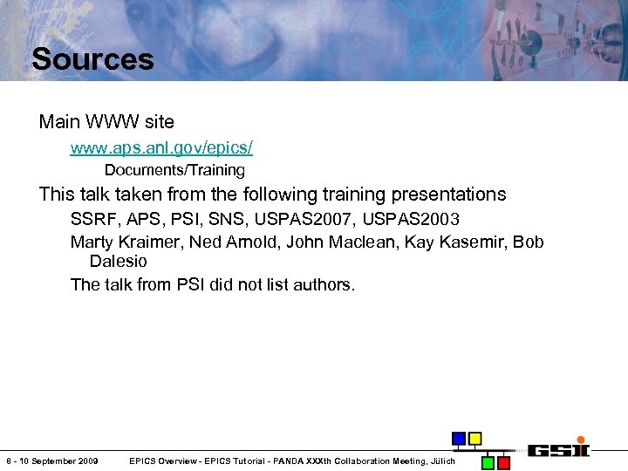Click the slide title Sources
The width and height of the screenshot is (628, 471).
pyautogui.click(x=92, y=59)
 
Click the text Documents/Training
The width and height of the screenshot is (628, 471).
pyautogui.click(x=174, y=170)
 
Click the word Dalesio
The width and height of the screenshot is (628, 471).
pyautogui.click(x=118, y=262)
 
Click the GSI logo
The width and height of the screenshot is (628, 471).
pyautogui.click(x=558, y=450)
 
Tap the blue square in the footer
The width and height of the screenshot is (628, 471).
pyautogui.click(x=458, y=438)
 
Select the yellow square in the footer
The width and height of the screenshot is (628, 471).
pyautogui.click(x=474, y=438)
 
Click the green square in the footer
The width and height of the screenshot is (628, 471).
pyautogui.click(x=488, y=461)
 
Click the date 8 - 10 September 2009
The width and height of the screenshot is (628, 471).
pyautogui.click(x=51, y=461)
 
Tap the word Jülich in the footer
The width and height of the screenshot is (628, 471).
pyautogui.click(x=441, y=461)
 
